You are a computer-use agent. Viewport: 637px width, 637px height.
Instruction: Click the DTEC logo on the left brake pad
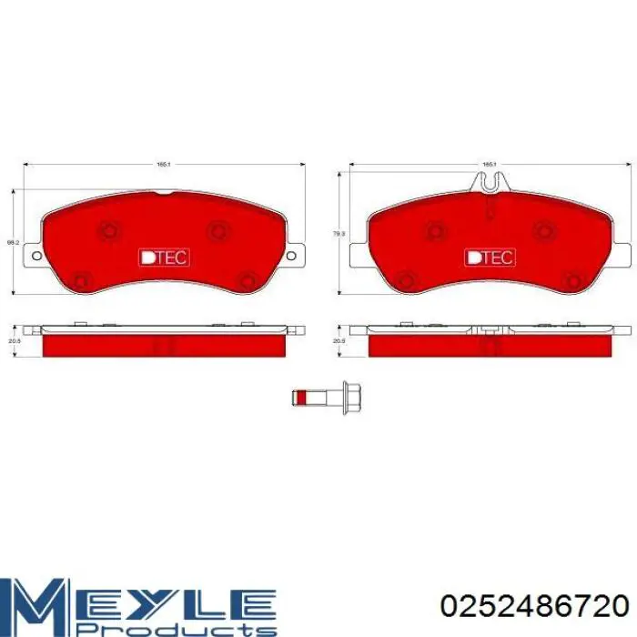(164, 257)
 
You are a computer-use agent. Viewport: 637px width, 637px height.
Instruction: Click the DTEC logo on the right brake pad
(490, 257)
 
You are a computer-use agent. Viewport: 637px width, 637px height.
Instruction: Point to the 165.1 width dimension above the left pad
(164, 165)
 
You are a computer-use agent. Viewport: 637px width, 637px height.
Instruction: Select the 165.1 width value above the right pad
(489, 165)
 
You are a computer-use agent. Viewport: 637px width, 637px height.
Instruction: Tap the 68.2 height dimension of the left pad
(11, 243)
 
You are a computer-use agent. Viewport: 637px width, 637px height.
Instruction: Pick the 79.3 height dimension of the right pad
(339, 234)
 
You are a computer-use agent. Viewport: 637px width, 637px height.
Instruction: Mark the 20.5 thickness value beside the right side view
(339, 341)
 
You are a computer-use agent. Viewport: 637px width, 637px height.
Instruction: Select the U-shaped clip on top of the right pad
(490, 183)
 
